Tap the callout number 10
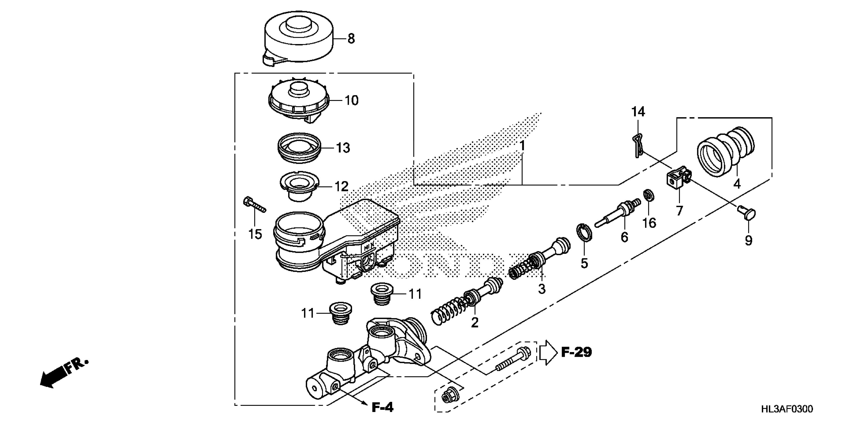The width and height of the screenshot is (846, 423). (x=351, y=101)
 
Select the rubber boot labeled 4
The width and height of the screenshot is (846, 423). (x=726, y=153)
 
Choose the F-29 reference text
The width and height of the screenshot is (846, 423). (x=576, y=352)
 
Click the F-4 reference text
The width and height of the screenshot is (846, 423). (x=382, y=408)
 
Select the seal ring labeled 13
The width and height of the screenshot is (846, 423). (x=299, y=148)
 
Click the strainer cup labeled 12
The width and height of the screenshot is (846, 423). (x=299, y=186)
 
